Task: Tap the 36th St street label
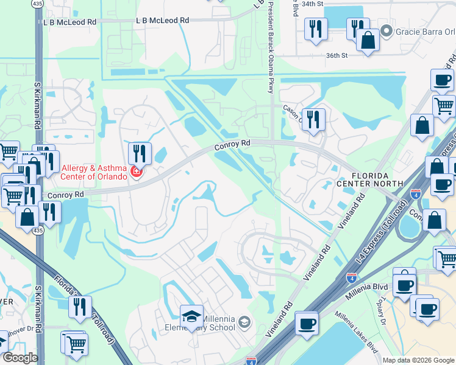coord(336,55)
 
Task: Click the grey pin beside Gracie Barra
coord(385,31)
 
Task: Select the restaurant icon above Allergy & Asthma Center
coord(140,153)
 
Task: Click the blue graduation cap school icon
coord(191,316)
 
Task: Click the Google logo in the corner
coord(20,358)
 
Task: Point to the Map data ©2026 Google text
coord(418,360)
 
